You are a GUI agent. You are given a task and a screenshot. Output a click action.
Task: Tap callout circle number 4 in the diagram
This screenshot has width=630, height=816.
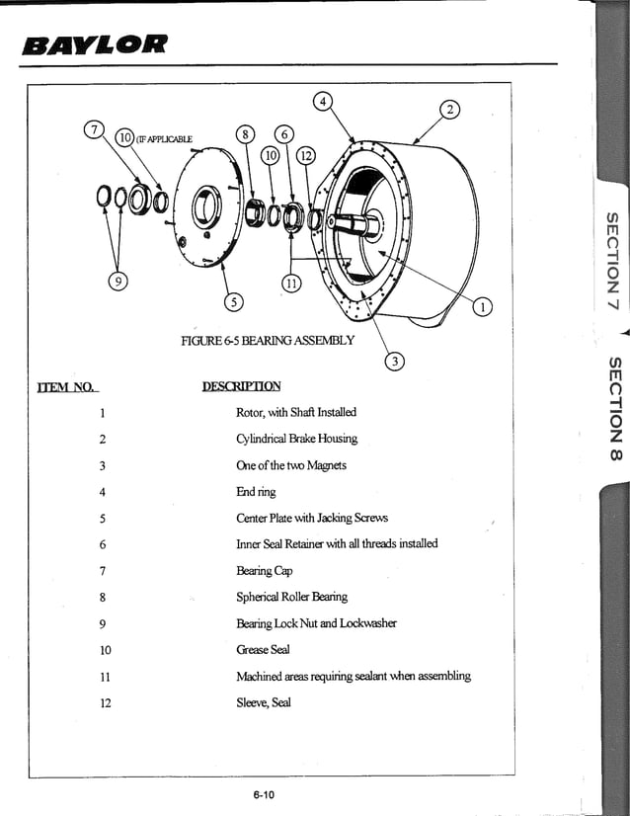pyautogui.click(x=322, y=100)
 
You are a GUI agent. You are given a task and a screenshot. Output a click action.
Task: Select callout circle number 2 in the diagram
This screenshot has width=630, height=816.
pyautogui.click(x=450, y=110)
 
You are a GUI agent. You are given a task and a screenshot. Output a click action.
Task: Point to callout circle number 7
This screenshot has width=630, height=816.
pyautogui.click(x=95, y=129)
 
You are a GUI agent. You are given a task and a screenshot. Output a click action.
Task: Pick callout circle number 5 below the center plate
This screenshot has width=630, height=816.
pyautogui.click(x=234, y=300)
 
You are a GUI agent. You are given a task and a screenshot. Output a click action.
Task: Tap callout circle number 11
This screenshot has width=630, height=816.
pyautogui.click(x=290, y=284)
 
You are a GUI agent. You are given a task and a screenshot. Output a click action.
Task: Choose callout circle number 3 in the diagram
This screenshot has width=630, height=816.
pyautogui.click(x=394, y=362)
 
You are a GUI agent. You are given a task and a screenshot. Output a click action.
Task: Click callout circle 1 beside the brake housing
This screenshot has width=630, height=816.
pyautogui.click(x=482, y=306)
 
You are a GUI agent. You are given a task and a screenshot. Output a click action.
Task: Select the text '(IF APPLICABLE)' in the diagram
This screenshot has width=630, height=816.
pyautogui.click(x=164, y=138)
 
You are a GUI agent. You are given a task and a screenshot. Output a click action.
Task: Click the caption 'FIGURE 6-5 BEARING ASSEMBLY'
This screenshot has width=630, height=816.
pyautogui.click(x=267, y=341)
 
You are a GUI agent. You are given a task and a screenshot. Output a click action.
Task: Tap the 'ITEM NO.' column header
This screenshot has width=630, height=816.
pyautogui.click(x=67, y=387)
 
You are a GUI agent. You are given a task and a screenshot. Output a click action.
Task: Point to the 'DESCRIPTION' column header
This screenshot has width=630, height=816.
pyautogui.click(x=241, y=386)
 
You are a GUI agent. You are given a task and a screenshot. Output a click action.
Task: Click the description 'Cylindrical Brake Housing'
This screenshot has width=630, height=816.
pyautogui.click(x=296, y=439)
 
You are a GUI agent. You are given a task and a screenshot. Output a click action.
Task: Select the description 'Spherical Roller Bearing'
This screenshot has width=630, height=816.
pyautogui.click(x=291, y=597)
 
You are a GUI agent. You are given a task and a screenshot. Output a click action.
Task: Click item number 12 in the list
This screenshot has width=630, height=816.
pyautogui.click(x=106, y=703)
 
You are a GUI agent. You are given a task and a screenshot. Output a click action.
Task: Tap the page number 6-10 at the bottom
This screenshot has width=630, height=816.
pyautogui.click(x=263, y=794)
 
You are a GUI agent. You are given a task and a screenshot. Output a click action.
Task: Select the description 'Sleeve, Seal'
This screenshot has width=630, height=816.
pyautogui.click(x=263, y=702)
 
